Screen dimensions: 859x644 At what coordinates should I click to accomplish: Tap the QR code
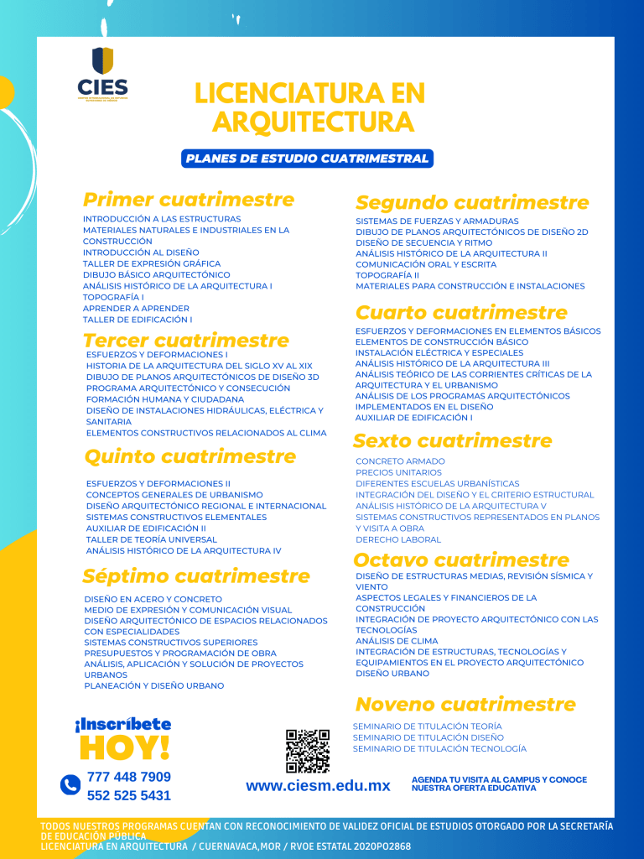tap(307, 751)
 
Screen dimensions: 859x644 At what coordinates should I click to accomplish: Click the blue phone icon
tap(70, 785)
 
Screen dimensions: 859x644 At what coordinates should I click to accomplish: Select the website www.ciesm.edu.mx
tap(318, 786)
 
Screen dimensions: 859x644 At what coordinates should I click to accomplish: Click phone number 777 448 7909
tap(128, 777)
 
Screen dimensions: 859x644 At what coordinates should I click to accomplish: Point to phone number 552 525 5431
tap(128, 795)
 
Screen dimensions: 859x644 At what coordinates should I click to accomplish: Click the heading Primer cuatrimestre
tap(189, 200)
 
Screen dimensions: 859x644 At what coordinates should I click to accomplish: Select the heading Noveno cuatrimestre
tap(465, 704)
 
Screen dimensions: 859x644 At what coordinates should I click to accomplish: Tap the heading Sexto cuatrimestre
tap(453, 440)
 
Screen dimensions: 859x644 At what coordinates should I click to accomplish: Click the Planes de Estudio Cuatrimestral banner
tap(307, 159)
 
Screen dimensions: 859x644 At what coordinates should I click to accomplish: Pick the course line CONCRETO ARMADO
tap(400, 461)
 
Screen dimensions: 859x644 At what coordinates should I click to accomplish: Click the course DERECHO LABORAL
tap(397, 539)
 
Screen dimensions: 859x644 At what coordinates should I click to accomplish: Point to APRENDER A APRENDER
tap(136, 308)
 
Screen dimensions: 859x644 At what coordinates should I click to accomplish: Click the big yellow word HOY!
tap(124, 747)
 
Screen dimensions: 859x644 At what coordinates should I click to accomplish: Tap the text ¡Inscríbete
tap(122, 724)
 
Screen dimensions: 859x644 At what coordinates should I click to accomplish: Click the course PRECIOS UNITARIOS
tap(398, 472)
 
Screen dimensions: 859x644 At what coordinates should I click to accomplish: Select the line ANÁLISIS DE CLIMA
tap(397, 641)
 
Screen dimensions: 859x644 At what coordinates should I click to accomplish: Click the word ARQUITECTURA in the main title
tap(313, 122)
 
